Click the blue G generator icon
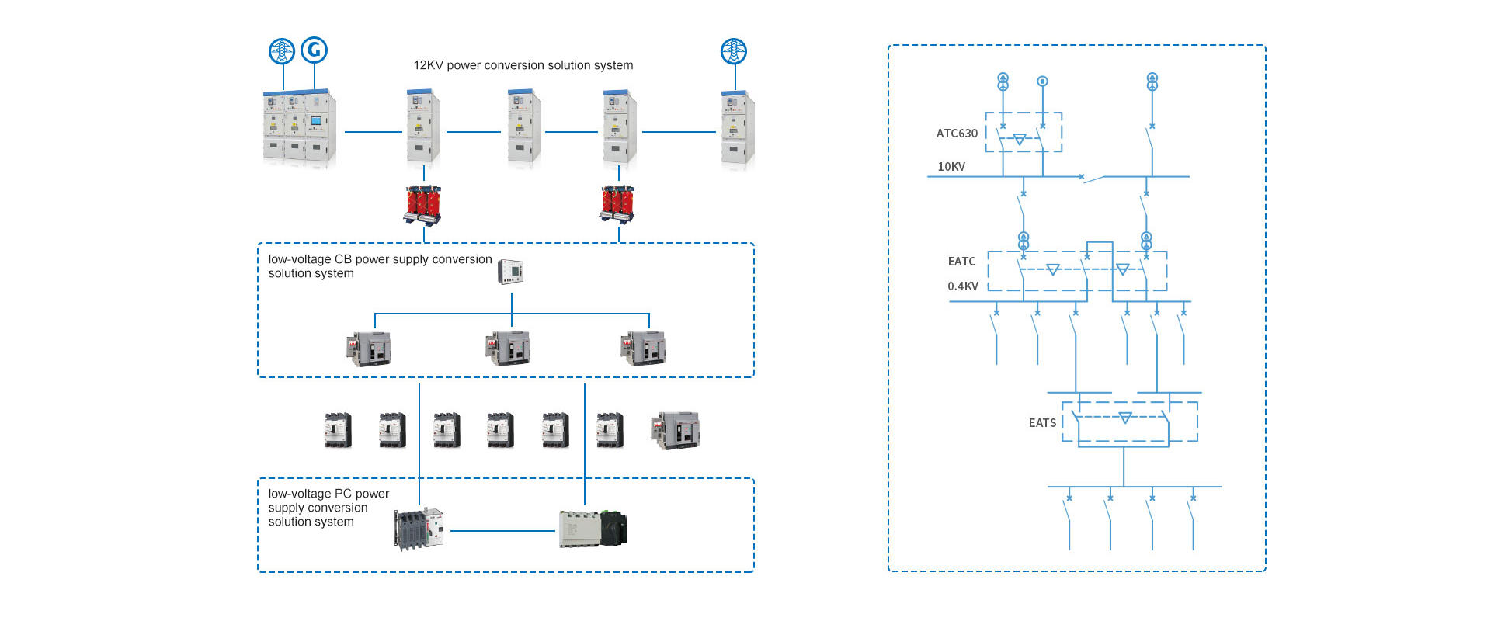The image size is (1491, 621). point(314,50)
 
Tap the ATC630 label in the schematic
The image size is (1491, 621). point(957,134)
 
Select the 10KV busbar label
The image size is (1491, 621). point(951,167)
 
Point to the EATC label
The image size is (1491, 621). point(961,262)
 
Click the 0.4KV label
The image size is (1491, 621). point(963,286)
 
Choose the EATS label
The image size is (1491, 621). point(1042,423)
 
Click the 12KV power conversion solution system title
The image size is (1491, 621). point(523,65)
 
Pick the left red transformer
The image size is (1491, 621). point(423,204)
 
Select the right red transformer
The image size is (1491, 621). point(618,203)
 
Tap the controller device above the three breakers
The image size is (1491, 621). point(511,272)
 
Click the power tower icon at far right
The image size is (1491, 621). point(733,52)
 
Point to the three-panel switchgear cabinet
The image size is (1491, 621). point(300,128)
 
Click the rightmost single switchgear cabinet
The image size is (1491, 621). point(737,130)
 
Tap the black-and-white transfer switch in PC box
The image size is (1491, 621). point(593,529)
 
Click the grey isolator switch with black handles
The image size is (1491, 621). point(419,529)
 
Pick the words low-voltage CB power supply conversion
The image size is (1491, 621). point(380,259)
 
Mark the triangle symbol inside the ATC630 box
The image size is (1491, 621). point(1020,140)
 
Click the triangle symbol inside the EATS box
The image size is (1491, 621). point(1125,418)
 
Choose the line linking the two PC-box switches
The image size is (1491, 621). point(502,531)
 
